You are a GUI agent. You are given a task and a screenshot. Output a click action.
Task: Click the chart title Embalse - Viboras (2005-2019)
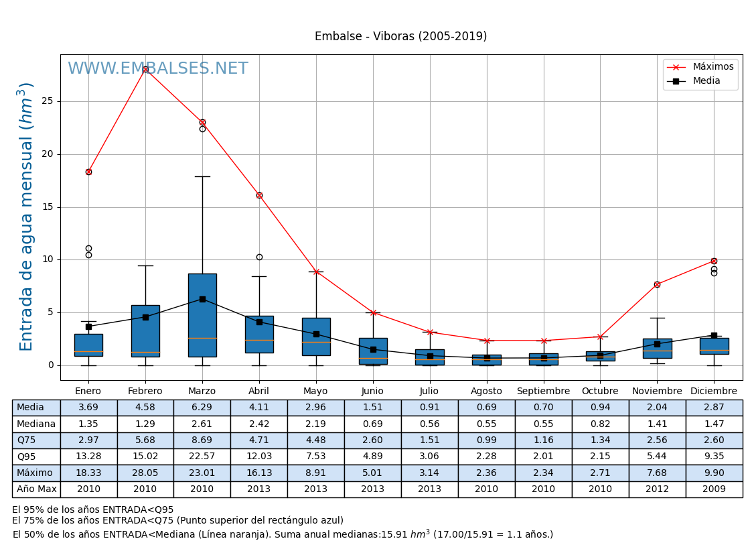[x=400, y=37]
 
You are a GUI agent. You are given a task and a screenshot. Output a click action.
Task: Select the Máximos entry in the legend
[x=712, y=67]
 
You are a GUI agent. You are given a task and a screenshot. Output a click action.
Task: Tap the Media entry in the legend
[x=706, y=81]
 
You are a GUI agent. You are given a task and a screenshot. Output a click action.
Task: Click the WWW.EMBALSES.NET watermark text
[x=157, y=69]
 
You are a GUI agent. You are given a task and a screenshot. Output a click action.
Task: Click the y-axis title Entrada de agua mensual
[x=26, y=217]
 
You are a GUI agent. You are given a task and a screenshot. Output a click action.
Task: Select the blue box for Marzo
[x=202, y=315]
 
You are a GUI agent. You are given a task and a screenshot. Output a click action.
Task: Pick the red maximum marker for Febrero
[x=145, y=69]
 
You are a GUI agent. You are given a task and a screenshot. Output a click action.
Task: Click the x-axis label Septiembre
[x=543, y=391]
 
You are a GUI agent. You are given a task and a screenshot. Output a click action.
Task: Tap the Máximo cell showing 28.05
[x=145, y=473]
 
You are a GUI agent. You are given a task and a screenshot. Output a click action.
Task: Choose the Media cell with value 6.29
[x=202, y=408]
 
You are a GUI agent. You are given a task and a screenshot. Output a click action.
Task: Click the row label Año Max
[x=36, y=489]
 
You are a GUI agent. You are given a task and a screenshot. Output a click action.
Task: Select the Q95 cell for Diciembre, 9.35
[x=714, y=457]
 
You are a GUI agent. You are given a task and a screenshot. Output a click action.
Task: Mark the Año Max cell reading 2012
[x=657, y=489]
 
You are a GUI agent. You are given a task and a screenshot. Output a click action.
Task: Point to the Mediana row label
[x=36, y=424]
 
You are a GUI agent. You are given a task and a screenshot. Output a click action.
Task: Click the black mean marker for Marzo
[x=202, y=299]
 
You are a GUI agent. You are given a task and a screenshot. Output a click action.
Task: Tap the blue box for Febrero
[x=145, y=331]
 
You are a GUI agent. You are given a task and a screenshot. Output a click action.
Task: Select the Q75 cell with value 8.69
[x=202, y=440]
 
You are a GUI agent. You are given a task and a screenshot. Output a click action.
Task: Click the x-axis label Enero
[x=88, y=391]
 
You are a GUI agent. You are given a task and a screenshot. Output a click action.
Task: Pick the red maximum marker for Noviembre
[x=657, y=284]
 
